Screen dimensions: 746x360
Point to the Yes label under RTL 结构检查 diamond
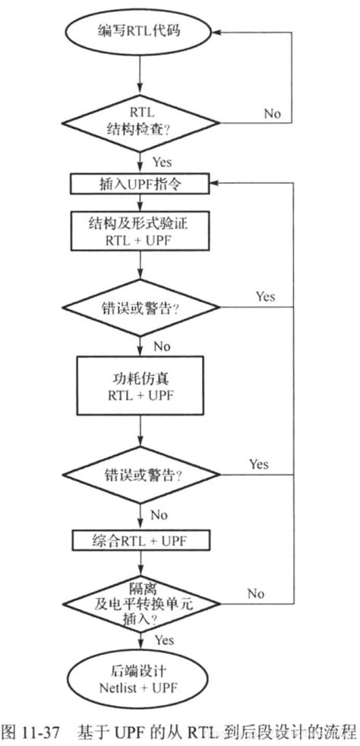point(161,162)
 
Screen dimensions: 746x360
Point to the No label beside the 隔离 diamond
point(255,593)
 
